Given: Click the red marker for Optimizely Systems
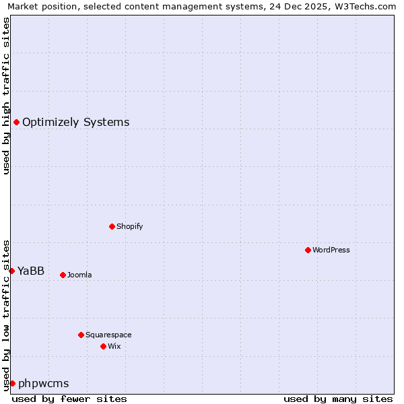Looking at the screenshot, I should click(x=16, y=122).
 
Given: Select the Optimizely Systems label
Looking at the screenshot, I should click(x=75, y=122).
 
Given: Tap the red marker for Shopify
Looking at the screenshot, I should click(x=112, y=226).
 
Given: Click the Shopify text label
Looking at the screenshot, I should click(x=129, y=226).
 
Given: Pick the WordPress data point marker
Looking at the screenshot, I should click(x=308, y=250).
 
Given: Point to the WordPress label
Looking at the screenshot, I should click(x=331, y=250).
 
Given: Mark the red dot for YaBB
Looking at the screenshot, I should click(x=11, y=271).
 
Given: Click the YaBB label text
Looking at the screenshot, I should click(x=31, y=271).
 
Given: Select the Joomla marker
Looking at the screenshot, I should click(x=63, y=275).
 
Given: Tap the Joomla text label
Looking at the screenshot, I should click(x=79, y=275).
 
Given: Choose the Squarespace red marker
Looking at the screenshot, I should click(x=81, y=335).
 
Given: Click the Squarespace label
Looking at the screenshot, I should click(x=108, y=335).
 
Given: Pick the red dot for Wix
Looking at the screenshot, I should click(x=103, y=346).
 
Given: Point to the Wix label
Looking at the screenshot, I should click(x=114, y=346).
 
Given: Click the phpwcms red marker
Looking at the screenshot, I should click(x=12, y=383).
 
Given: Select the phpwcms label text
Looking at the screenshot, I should click(x=43, y=383).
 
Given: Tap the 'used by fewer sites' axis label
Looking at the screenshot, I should click(x=69, y=399).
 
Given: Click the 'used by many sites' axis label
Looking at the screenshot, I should click(x=338, y=399).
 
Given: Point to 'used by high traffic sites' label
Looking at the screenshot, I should click(x=6, y=96).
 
